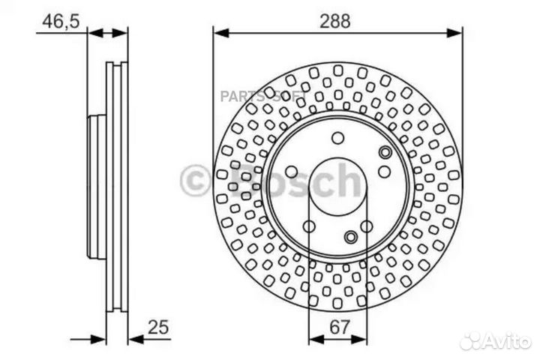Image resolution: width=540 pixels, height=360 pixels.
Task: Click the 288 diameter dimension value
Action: click(x=334, y=21)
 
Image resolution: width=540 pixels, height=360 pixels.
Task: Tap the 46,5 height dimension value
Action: click(x=61, y=21)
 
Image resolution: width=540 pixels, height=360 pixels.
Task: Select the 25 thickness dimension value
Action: click(x=158, y=327)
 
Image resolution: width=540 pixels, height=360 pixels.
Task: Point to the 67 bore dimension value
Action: click(x=340, y=327)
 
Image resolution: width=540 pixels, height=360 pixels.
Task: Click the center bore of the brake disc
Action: click(x=337, y=187)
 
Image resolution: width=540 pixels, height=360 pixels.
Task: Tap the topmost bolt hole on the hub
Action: click(x=337, y=138)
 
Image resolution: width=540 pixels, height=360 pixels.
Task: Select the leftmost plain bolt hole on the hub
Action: click(x=291, y=172)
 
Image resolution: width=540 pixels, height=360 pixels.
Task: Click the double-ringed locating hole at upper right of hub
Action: click(x=385, y=152)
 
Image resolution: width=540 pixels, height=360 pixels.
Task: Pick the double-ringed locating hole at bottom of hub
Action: click(x=351, y=237)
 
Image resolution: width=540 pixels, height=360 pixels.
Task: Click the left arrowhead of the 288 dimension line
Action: click(x=221, y=34)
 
